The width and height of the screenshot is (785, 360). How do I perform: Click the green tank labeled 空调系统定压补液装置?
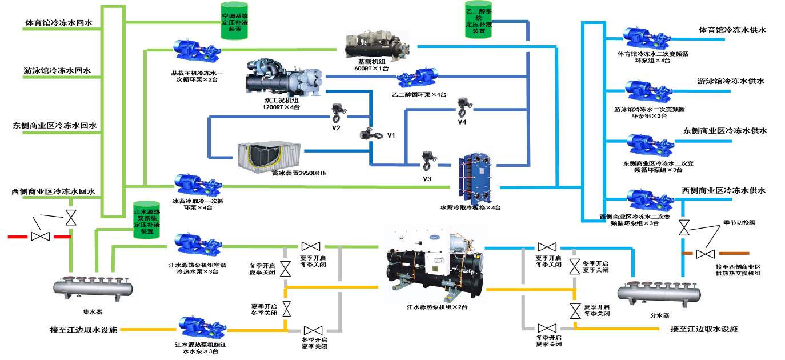pos(234,21)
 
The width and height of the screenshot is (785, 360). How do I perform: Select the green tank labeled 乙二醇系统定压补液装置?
pos(478,20)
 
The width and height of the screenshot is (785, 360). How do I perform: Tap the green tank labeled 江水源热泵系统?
pos(146,220)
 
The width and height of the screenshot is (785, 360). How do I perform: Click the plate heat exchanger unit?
pos(475,178)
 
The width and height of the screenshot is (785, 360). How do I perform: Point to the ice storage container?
pos(269,157)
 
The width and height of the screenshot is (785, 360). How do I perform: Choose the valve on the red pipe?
pos(41,237)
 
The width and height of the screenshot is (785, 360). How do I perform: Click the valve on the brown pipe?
pos(706,254)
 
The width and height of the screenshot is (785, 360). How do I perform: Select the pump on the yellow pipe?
pos(202,327)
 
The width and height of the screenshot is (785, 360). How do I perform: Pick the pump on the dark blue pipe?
pos(417,77)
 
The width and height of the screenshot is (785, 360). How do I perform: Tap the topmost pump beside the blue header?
pos(647,38)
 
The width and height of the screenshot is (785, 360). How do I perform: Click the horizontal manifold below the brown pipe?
pos(660,293)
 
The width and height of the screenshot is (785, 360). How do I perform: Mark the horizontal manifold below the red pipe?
pos(94,287)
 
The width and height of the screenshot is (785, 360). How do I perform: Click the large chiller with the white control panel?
pos(435,263)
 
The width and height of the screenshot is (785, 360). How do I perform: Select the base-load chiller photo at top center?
pos(377,45)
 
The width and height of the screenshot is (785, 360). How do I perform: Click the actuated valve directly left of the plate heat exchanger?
pos(428,160)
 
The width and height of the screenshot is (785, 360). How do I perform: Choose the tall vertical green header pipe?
pos(113,111)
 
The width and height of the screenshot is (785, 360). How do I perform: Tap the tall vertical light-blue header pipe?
pos(593,121)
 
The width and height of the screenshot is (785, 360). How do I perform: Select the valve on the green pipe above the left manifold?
pos(71,217)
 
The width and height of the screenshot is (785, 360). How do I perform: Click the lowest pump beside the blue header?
pos(650,199)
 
